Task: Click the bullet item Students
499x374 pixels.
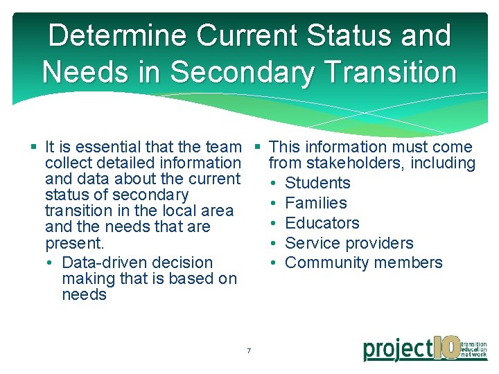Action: (x=317, y=183)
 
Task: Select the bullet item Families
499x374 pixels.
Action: (x=316, y=203)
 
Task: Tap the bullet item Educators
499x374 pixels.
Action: (x=322, y=223)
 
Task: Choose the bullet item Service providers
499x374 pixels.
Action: (x=349, y=243)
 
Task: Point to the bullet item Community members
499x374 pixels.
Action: (x=363, y=262)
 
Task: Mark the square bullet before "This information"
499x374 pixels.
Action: (x=257, y=147)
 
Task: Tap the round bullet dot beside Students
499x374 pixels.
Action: (x=274, y=184)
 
